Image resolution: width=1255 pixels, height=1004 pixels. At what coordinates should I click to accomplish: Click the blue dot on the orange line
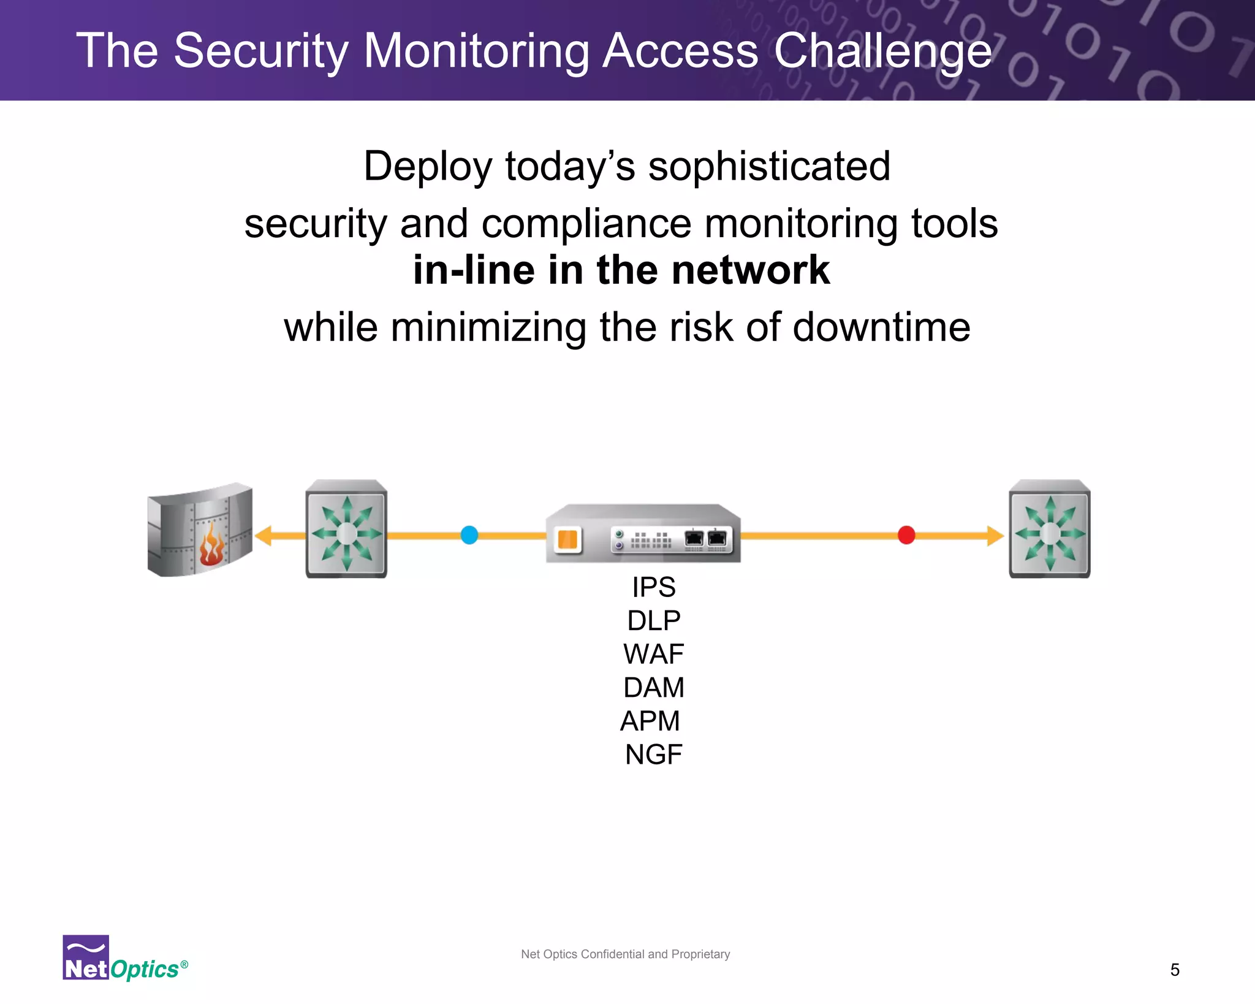(x=469, y=535)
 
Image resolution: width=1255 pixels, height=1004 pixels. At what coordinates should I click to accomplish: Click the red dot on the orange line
(x=906, y=535)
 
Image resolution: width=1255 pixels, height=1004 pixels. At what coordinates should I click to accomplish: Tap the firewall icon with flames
(x=200, y=531)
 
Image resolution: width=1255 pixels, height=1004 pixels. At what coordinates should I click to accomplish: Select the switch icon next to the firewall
(x=346, y=530)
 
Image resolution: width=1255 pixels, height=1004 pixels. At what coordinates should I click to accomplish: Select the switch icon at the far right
(x=1050, y=530)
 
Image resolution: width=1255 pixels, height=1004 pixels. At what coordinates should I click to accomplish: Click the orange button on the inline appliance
(x=567, y=540)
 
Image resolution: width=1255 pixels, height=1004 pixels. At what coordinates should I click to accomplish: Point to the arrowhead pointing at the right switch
(x=995, y=535)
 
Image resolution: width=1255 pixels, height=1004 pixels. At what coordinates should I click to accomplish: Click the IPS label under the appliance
(x=654, y=587)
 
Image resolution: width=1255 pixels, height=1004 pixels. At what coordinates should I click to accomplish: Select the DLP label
(x=654, y=621)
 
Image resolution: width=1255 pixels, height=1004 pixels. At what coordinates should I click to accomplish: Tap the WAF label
(x=654, y=654)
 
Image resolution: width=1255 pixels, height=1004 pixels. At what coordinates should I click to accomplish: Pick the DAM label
(x=654, y=688)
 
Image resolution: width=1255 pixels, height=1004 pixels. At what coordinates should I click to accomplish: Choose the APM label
(x=650, y=721)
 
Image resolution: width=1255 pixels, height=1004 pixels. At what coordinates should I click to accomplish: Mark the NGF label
(x=653, y=755)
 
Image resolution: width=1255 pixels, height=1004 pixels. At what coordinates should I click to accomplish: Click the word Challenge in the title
(x=882, y=51)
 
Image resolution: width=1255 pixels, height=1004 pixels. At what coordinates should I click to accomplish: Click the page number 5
(x=1175, y=970)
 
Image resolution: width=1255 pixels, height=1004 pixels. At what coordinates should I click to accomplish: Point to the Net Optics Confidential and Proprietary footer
(x=625, y=954)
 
